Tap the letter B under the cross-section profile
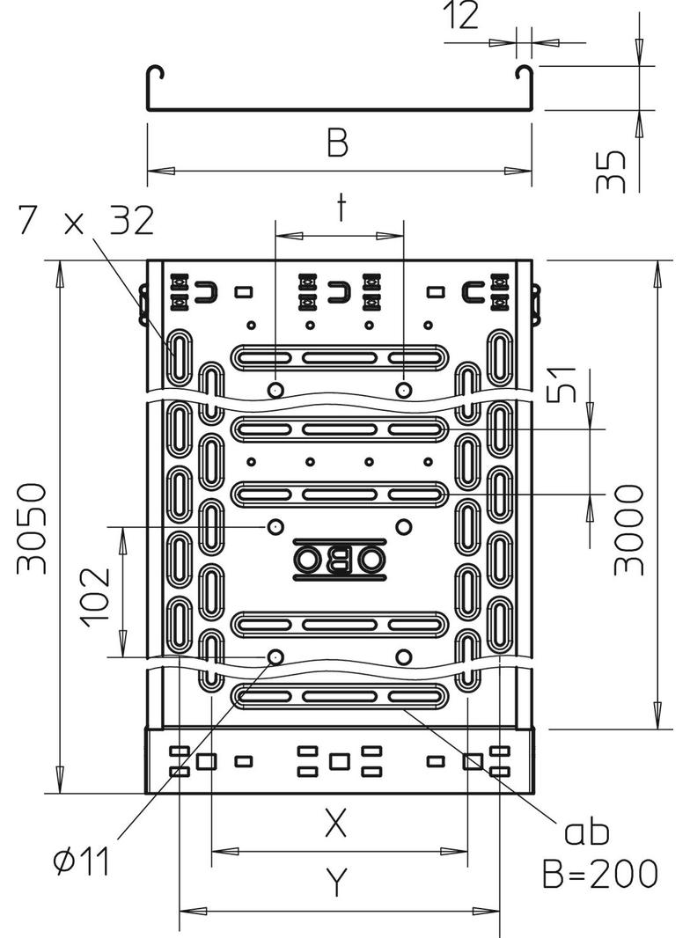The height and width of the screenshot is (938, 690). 337,142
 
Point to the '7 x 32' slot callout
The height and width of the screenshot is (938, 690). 84,222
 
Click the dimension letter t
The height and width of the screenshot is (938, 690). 340,209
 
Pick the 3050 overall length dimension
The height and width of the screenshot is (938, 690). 33,527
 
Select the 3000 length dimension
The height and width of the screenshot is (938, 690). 629,527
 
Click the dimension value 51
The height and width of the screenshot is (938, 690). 562,384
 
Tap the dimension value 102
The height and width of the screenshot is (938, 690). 96,596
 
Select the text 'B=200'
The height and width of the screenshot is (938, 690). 599,874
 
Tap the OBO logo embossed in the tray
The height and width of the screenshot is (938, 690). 339,559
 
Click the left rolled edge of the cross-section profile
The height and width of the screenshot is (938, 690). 153,73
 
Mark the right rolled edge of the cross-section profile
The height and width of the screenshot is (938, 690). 525,73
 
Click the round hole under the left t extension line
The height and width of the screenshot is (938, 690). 275,390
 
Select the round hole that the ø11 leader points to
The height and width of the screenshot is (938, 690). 275,656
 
